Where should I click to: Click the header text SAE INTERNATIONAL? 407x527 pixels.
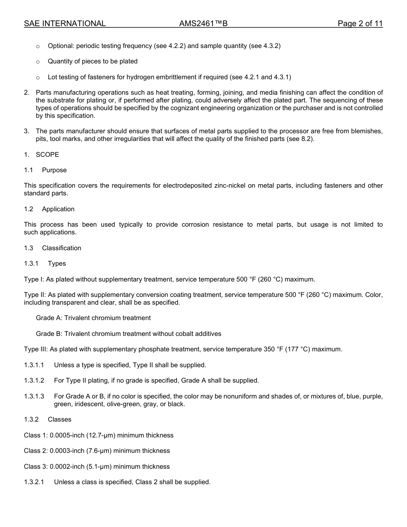(x=65, y=24)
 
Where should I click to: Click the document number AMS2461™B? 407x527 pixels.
(x=203, y=24)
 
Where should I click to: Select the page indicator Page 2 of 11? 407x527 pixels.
(x=360, y=24)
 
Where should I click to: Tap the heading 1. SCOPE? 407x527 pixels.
(x=42, y=154)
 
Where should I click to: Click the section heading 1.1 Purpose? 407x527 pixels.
(x=45, y=170)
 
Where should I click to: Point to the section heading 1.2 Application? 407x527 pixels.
(x=49, y=209)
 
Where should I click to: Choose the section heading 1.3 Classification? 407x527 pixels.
(x=52, y=248)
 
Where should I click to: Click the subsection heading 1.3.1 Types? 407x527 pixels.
(x=45, y=263)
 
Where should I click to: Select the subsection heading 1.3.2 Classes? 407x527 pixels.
(x=48, y=419)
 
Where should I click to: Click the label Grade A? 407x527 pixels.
(x=49, y=318)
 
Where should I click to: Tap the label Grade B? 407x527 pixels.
(x=49, y=334)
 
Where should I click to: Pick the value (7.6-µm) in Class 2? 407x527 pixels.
(x=101, y=451)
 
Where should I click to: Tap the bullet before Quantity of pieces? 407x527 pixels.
(x=38, y=62)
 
